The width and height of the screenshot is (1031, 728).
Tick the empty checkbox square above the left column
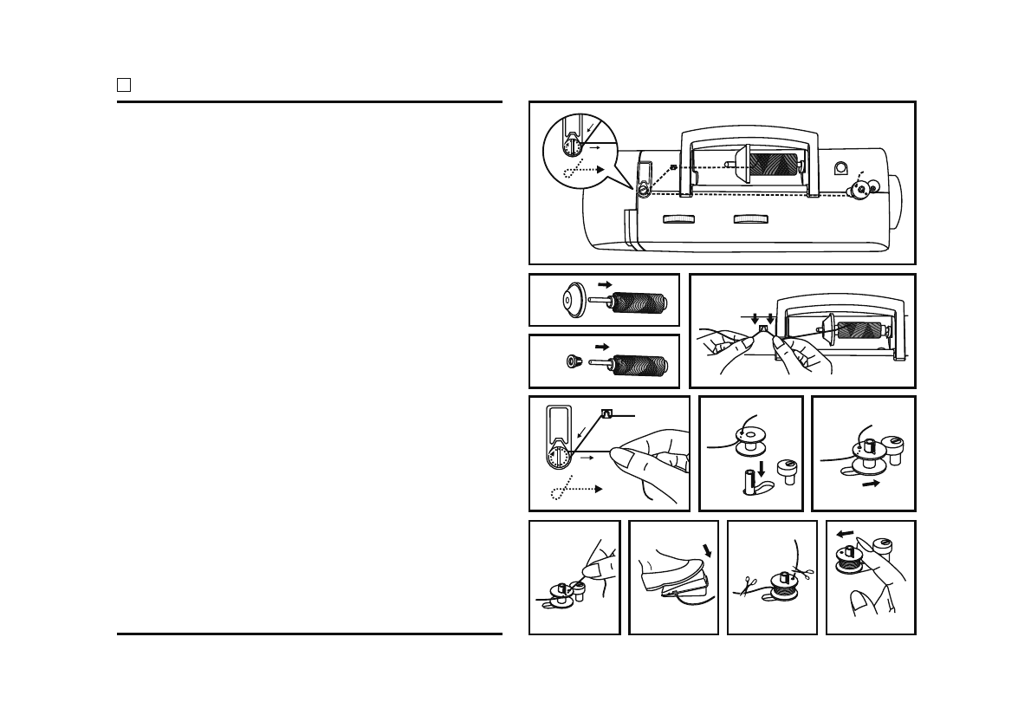coord(124,85)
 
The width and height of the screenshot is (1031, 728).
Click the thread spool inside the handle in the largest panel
coord(777,168)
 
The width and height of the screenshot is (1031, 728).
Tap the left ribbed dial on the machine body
coord(680,219)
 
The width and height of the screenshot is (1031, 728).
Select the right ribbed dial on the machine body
coord(750,219)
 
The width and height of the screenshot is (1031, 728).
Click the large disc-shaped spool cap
coord(567,300)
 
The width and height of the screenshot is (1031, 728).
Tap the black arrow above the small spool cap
coord(603,346)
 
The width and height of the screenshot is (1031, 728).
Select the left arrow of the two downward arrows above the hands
coord(754,316)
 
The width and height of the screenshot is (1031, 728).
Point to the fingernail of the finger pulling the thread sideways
coord(617,450)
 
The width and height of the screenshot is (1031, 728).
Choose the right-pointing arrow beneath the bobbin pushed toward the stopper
coord(872,483)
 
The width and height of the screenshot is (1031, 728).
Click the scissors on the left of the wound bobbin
coord(744,587)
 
